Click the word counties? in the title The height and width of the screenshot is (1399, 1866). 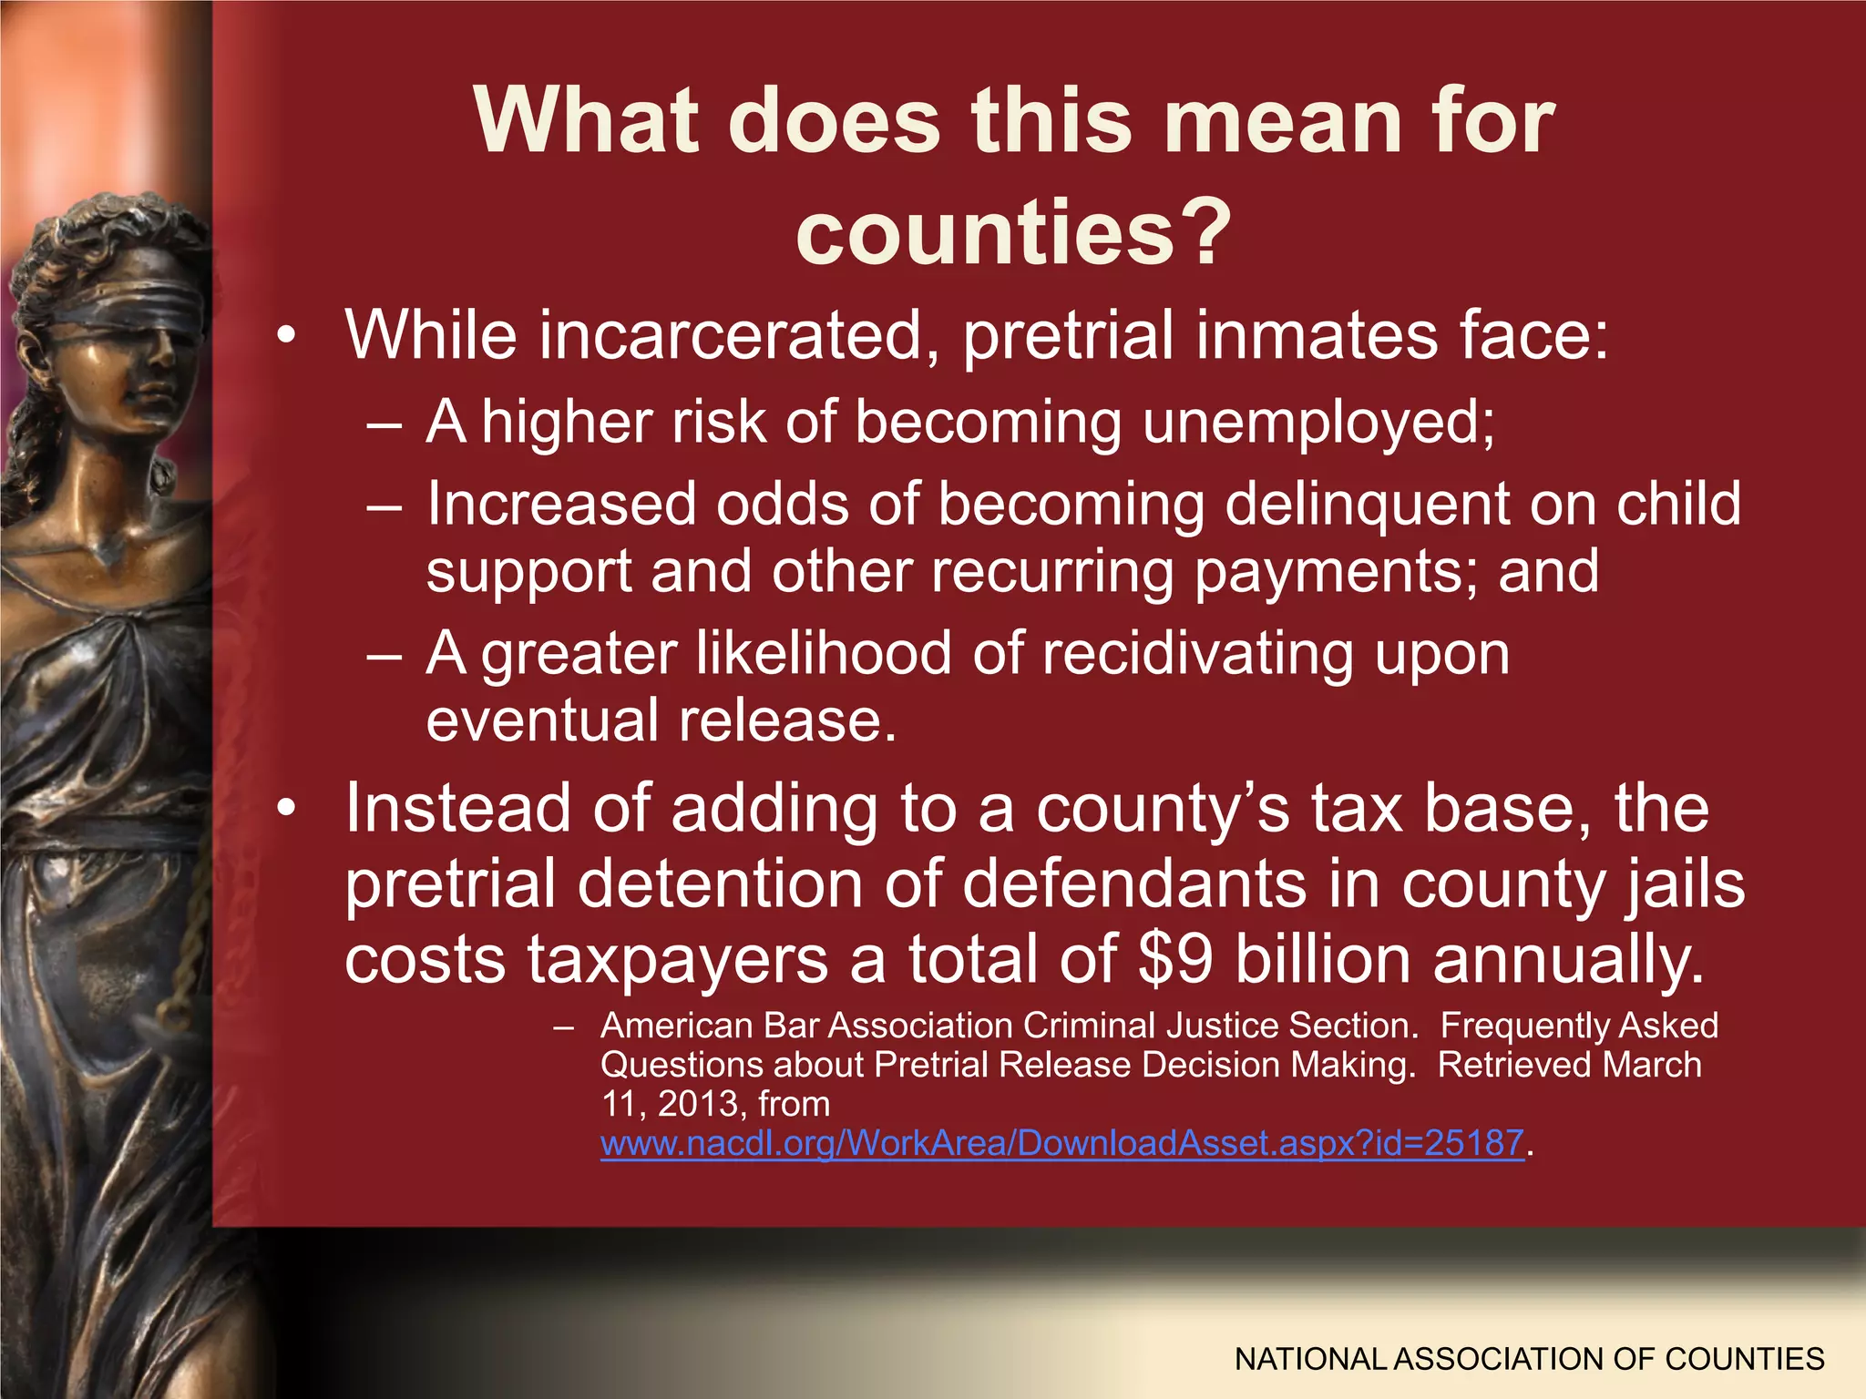click(x=1013, y=233)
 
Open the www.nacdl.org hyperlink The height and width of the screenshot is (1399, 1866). click(x=1061, y=1142)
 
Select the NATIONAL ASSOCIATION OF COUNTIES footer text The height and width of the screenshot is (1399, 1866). click(x=1529, y=1359)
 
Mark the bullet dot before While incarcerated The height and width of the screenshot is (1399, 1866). click(x=288, y=338)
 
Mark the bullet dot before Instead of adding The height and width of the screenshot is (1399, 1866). click(x=288, y=810)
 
